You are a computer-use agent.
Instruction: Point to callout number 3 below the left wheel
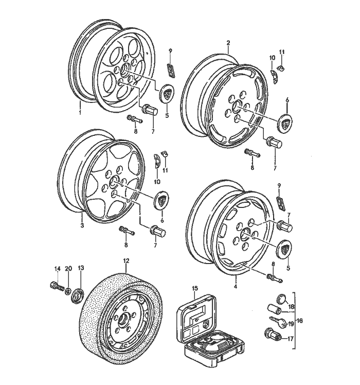[82, 224]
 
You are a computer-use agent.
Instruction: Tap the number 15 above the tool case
[194, 288]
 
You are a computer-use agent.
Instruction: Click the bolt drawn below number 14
[56, 285]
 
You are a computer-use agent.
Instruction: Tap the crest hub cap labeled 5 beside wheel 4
[285, 249]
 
